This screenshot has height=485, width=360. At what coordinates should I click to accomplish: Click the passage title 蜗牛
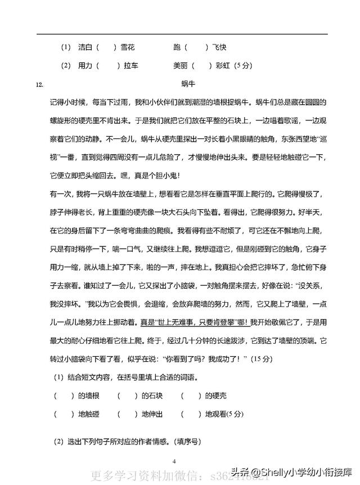(188, 84)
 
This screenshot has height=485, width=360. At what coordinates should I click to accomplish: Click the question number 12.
(39, 85)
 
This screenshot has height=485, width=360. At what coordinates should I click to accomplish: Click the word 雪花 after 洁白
(128, 47)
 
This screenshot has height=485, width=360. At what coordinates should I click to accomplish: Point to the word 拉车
(131, 66)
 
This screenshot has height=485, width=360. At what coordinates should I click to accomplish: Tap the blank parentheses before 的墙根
(64, 396)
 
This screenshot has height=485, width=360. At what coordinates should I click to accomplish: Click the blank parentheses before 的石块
(128, 396)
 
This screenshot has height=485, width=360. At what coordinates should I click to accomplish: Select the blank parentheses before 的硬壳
(191, 396)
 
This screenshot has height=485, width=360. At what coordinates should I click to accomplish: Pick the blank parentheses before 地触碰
(64, 414)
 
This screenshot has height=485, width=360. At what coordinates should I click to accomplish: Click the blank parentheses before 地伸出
(128, 414)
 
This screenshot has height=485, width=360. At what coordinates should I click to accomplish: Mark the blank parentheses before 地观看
(191, 414)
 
